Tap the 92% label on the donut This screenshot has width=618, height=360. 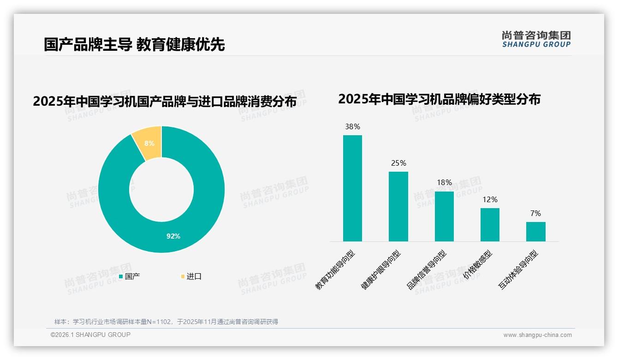pos(173,236)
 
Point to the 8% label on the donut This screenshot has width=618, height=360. pos(149,144)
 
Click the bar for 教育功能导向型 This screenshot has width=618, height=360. pos(352,188)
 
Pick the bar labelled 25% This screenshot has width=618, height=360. pos(398,206)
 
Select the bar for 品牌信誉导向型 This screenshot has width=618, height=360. pos(444,216)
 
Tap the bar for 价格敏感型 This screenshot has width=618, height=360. pos(490,225)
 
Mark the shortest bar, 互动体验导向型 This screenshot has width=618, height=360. pos(535,232)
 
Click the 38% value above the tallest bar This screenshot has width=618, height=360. pos(352,126)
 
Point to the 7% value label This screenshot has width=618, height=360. pos(535,213)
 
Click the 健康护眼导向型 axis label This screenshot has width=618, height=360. pos(381,270)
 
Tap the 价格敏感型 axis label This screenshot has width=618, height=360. pos(478,266)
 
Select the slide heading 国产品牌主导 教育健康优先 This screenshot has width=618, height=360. pos(134,44)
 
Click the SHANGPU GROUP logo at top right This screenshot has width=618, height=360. pos(536,39)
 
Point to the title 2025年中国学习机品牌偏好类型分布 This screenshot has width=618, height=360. pos(439,99)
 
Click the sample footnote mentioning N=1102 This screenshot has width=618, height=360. pos(166,322)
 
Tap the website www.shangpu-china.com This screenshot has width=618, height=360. pos(537,335)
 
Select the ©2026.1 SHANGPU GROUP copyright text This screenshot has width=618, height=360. pos(90,335)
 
